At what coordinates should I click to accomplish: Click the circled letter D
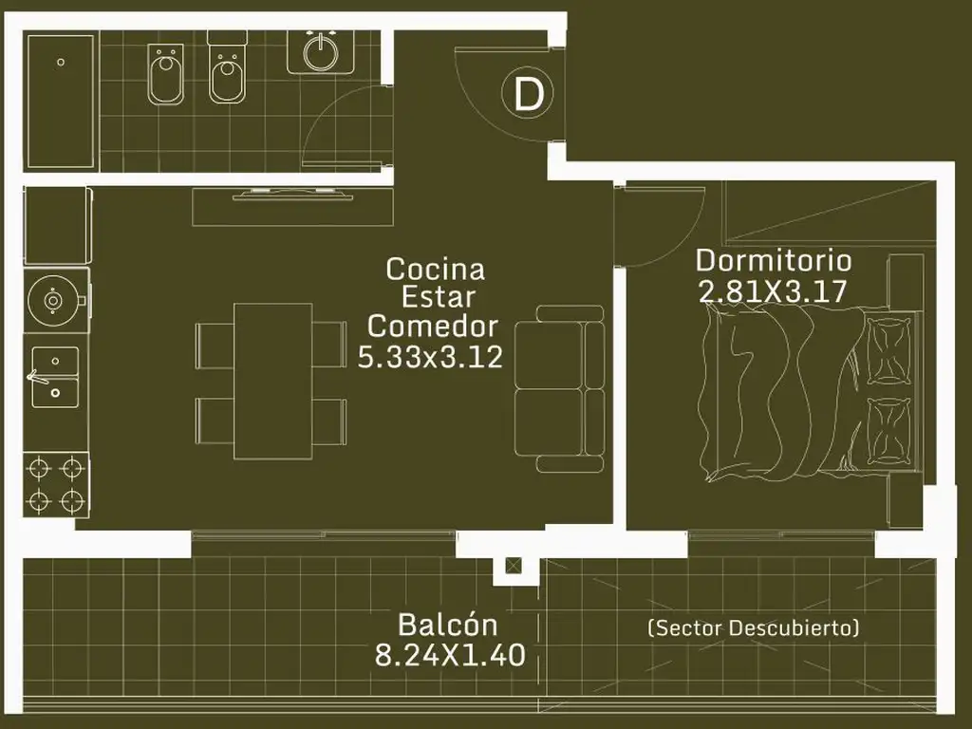click(x=528, y=94)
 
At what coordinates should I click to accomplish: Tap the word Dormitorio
click(x=774, y=260)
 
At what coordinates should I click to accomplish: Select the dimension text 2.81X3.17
click(x=773, y=290)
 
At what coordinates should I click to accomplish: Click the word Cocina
click(x=435, y=269)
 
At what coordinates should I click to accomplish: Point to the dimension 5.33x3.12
click(x=430, y=357)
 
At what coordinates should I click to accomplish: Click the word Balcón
click(x=448, y=625)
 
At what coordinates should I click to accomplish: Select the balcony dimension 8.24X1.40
click(x=450, y=655)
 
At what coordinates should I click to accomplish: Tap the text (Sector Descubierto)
click(x=753, y=628)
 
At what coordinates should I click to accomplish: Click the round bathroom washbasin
click(x=320, y=53)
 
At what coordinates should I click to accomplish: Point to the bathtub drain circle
click(x=61, y=62)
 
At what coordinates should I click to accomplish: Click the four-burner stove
click(x=56, y=485)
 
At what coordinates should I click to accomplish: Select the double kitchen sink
click(x=55, y=377)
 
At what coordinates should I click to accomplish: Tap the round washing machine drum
click(x=53, y=301)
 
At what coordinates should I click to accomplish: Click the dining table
click(x=272, y=382)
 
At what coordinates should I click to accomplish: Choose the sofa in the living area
click(x=559, y=389)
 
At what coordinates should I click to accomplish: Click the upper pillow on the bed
click(x=888, y=351)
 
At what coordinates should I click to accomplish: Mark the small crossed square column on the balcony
click(x=514, y=566)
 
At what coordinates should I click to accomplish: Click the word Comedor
click(x=433, y=327)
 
